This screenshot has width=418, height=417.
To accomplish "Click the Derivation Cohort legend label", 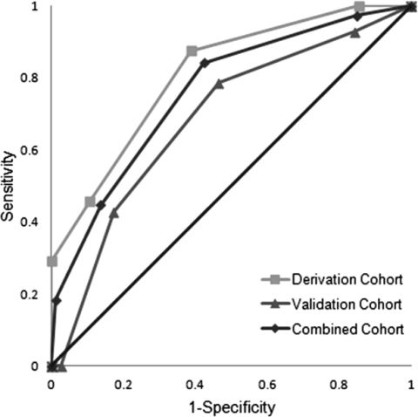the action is (x=347, y=279).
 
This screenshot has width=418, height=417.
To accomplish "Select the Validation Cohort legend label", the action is (x=347, y=304).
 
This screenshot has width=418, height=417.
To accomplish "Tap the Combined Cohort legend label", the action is (x=347, y=330).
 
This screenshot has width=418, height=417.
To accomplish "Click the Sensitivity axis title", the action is (x=8, y=186).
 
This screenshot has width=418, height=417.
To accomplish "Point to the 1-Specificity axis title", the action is (x=233, y=407).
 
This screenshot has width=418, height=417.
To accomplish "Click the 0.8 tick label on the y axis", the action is (x=30, y=79).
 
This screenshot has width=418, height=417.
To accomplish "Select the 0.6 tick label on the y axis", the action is (x=30, y=150).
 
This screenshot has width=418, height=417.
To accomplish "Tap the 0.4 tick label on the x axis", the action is (x=196, y=385).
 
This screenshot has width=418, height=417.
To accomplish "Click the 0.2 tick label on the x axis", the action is (x=124, y=385).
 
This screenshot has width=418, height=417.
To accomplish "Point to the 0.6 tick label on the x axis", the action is (x=267, y=385).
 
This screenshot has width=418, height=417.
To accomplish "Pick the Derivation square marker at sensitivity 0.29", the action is (x=52, y=261).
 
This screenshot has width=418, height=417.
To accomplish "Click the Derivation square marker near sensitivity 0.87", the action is (x=192, y=51).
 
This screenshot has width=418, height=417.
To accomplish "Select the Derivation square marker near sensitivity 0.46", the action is (x=91, y=202).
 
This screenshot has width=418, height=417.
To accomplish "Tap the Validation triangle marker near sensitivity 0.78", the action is (x=219, y=84).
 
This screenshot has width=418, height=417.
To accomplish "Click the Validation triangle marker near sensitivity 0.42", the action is (x=114, y=214).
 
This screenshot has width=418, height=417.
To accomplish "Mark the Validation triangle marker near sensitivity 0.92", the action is (x=354, y=33).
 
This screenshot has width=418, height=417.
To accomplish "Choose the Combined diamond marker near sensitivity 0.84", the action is (x=205, y=63).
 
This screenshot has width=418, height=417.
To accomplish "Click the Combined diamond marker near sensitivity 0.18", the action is (x=57, y=301).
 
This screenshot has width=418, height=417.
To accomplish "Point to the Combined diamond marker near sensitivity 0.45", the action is (x=101, y=206).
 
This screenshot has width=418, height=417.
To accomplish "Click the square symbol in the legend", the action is (x=276, y=280).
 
